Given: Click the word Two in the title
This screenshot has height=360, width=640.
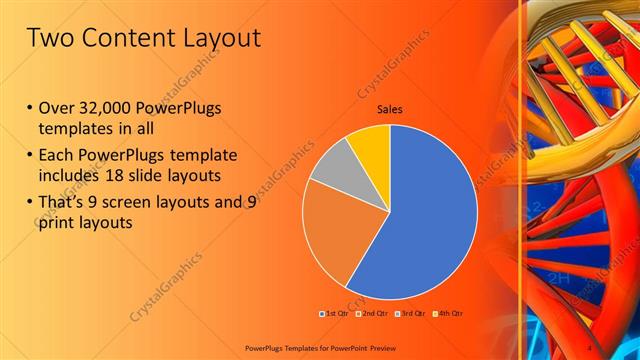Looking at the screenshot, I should coord(49,38).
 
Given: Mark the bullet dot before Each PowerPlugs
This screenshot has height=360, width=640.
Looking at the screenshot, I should coord(30,155).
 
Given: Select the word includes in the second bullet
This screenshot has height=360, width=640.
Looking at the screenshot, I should coord(70,176).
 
